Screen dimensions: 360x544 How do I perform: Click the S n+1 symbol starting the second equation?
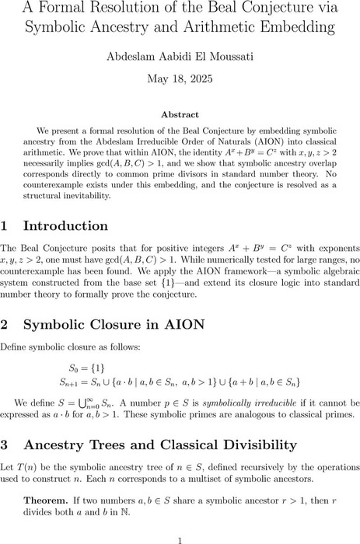[72, 382]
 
